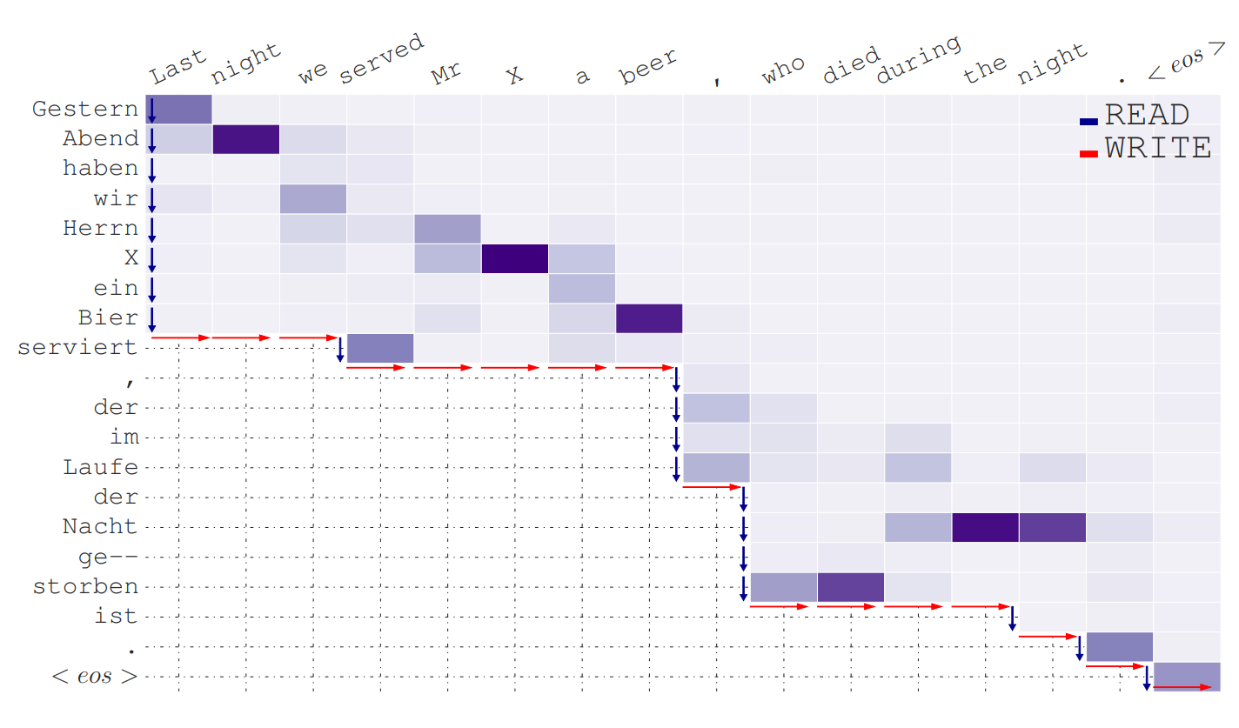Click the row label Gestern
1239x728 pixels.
(x=85, y=110)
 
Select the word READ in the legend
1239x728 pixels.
(x=1146, y=116)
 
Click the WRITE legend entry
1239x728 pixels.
(x=1158, y=149)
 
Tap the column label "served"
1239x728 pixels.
(x=381, y=59)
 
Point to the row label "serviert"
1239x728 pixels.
(x=77, y=348)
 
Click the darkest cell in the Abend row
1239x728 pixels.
(x=246, y=139)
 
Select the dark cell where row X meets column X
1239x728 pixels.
(x=514, y=258)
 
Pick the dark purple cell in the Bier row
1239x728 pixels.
(x=649, y=318)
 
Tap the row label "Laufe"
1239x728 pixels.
(x=100, y=467)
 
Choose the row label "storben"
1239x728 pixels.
(x=85, y=586)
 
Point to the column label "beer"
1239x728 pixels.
(x=648, y=68)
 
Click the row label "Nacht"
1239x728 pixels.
(x=100, y=527)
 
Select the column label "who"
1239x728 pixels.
(x=783, y=71)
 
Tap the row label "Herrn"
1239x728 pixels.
(x=100, y=229)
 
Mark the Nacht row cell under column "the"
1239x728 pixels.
(x=985, y=527)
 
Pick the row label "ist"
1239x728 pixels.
(x=116, y=617)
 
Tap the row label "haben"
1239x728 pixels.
(x=100, y=168)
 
